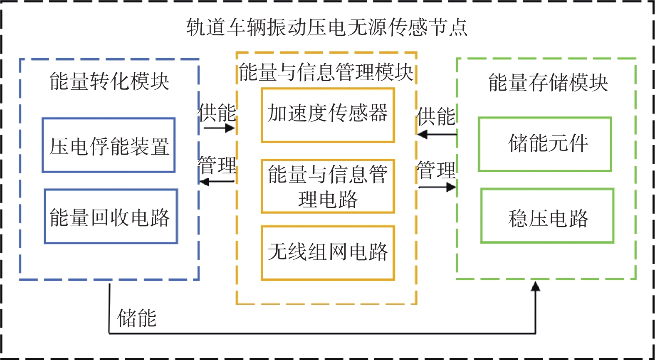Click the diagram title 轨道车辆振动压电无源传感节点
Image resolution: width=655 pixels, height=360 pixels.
pyautogui.click(x=327, y=28)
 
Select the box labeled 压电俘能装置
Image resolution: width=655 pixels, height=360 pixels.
pyautogui.click(x=109, y=145)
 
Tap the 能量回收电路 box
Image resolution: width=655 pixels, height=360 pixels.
pyautogui.click(x=111, y=217)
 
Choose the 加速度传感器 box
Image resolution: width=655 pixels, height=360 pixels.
pyautogui.click(x=328, y=115)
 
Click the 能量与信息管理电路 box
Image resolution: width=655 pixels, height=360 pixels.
pyautogui.click(x=328, y=186)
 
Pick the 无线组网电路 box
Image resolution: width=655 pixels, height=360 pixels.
pyautogui.click(x=328, y=253)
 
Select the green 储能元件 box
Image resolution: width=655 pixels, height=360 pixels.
pyautogui.click(x=545, y=144)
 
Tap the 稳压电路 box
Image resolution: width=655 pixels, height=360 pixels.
pyautogui.click(x=547, y=216)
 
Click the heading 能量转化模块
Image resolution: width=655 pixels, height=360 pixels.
pyautogui.click(x=109, y=81)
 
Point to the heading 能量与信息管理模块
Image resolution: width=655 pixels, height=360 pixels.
pyautogui.click(x=326, y=72)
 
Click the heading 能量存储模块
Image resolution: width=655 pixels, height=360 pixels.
pyautogui.click(x=548, y=82)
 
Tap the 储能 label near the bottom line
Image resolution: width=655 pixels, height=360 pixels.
pyautogui.click(x=137, y=318)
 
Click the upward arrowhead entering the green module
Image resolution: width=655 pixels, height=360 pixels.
pyautogui.click(x=536, y=286)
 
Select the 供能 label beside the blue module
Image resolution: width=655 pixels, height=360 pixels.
pyautogui.click(x=217, y=113)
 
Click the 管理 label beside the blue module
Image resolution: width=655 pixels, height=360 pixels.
pyautogui.click(x=217, y=165)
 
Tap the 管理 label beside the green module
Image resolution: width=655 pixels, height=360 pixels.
pyautogui.click(x=436, y=170)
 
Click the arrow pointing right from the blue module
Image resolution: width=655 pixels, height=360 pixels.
pyautogui.click(x=219, y=128)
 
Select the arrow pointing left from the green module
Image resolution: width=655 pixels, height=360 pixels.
pyautogui.click(x=437, y=134)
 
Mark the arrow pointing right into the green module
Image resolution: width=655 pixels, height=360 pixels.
pyautogui.click(x=437, y=187)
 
